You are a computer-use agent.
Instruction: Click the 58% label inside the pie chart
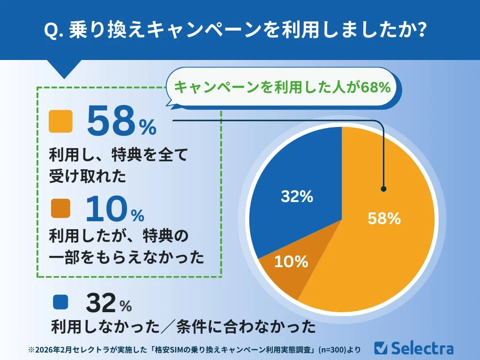point(384,218)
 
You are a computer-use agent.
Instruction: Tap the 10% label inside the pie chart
point(291,262)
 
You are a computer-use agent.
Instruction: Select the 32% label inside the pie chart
point(297,197)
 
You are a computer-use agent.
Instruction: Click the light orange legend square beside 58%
point(60,122)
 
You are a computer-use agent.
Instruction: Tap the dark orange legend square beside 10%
point(60,207)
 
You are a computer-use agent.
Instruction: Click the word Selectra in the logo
point(422,348)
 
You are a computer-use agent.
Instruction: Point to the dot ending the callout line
point(383,189)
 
